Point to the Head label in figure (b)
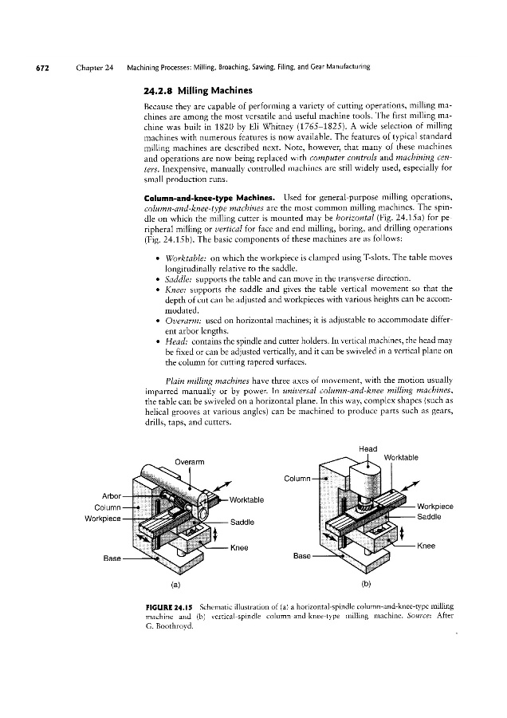click(x=368, y=448)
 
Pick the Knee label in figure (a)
click(x=240, y=547)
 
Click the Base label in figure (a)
click(x=112, y=556)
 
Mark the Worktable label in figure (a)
click(x=248, y=500)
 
